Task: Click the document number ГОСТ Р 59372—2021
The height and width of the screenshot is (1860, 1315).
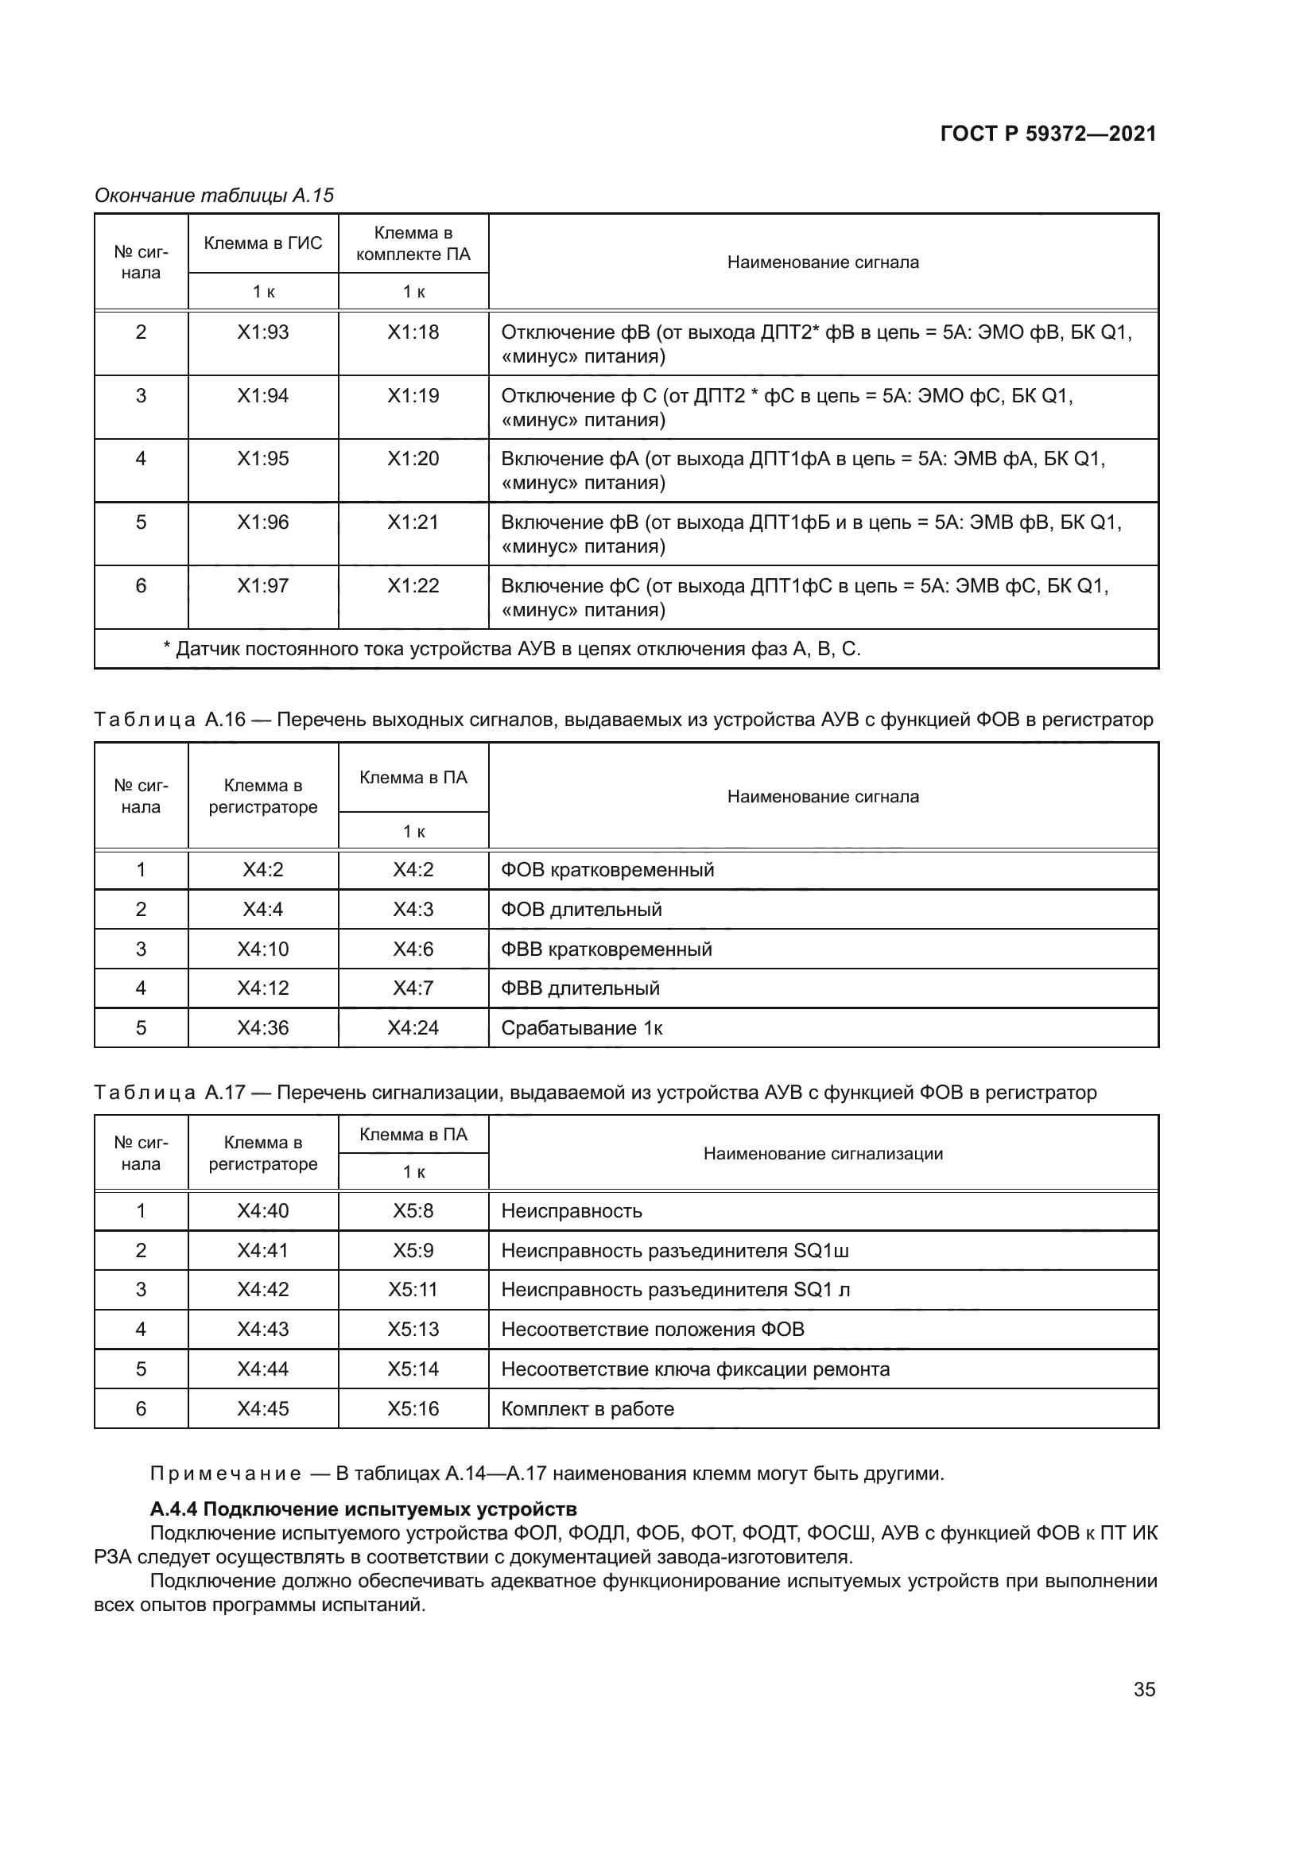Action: coord(1048,134)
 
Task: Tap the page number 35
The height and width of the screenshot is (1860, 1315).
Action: coord(1144,1689)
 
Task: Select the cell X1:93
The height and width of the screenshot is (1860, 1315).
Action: coord(262,332)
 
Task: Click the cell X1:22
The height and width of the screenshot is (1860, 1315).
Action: coord(413,586)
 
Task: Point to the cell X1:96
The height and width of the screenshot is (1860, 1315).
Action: coord(262,522)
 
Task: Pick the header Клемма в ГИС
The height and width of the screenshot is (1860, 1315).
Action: coord(262,243)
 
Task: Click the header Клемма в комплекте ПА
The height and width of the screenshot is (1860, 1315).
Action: coord(413,243)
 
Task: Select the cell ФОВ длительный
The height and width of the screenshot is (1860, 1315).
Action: coord(581,910)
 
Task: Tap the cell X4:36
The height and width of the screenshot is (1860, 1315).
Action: coord(262,1028)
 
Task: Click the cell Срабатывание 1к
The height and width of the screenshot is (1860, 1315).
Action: coord(581,1028)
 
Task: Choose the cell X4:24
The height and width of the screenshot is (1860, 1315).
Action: coord(413,1028)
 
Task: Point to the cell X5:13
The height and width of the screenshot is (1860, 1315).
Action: coord(413,1330)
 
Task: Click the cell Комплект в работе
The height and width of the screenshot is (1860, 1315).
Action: coord(587,1409)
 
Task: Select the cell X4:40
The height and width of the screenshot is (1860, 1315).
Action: coord(262,1211)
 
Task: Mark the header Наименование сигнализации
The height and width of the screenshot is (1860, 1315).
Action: coord(823,1154)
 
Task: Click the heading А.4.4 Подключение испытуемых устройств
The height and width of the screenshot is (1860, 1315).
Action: coord(363,1509)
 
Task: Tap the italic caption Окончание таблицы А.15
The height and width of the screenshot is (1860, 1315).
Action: coord(215,196)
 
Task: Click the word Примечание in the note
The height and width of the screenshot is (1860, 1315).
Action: coord(226,1474)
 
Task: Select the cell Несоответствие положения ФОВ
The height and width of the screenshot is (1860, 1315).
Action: coord(653,1330)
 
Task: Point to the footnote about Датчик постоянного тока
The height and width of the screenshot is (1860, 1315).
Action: coord(512,649)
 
